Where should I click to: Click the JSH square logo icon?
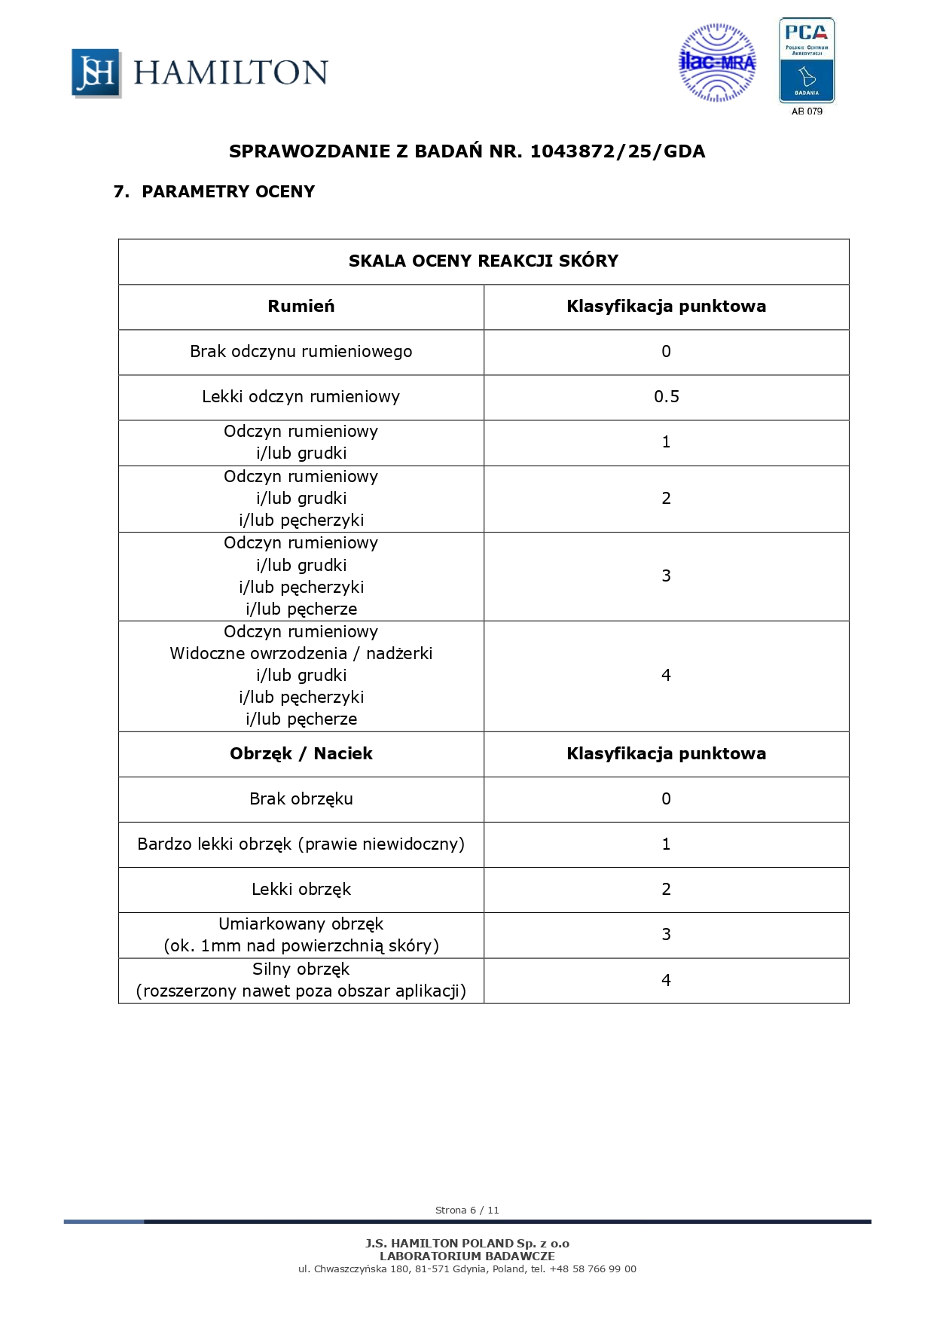(x=96, y=73)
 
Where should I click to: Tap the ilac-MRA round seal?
(x=717, y=63)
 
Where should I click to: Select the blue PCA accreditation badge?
(x=806, y=60)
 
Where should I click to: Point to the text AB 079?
(x=807, y=111)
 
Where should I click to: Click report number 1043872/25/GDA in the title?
(x=618, y=151)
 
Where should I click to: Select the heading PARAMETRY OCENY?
(x=227, y=191)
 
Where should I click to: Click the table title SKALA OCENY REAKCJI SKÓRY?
(x=483, y=261)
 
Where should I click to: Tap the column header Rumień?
(x=301, y=307)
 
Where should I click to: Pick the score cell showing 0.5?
(x=666, y=397)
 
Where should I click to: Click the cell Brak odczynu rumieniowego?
(x=301, y=352)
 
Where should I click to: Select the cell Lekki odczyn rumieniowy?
(x=301, y=397)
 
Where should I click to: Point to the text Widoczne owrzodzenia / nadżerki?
(x=301, y=654)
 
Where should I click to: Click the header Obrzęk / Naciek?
(x=301, y=754)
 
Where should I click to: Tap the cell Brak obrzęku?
(x=301, y=799)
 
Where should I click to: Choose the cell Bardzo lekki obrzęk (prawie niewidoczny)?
(x=301, y=844)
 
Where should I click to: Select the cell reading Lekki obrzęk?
(x=301, y=890)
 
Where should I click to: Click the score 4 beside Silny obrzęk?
(x=666, y=981)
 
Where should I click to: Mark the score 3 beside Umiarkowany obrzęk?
(x=666, y=935)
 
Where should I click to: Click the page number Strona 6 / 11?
(x=467, y=1210)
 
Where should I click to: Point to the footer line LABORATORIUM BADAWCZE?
(x=467, y=1256)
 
